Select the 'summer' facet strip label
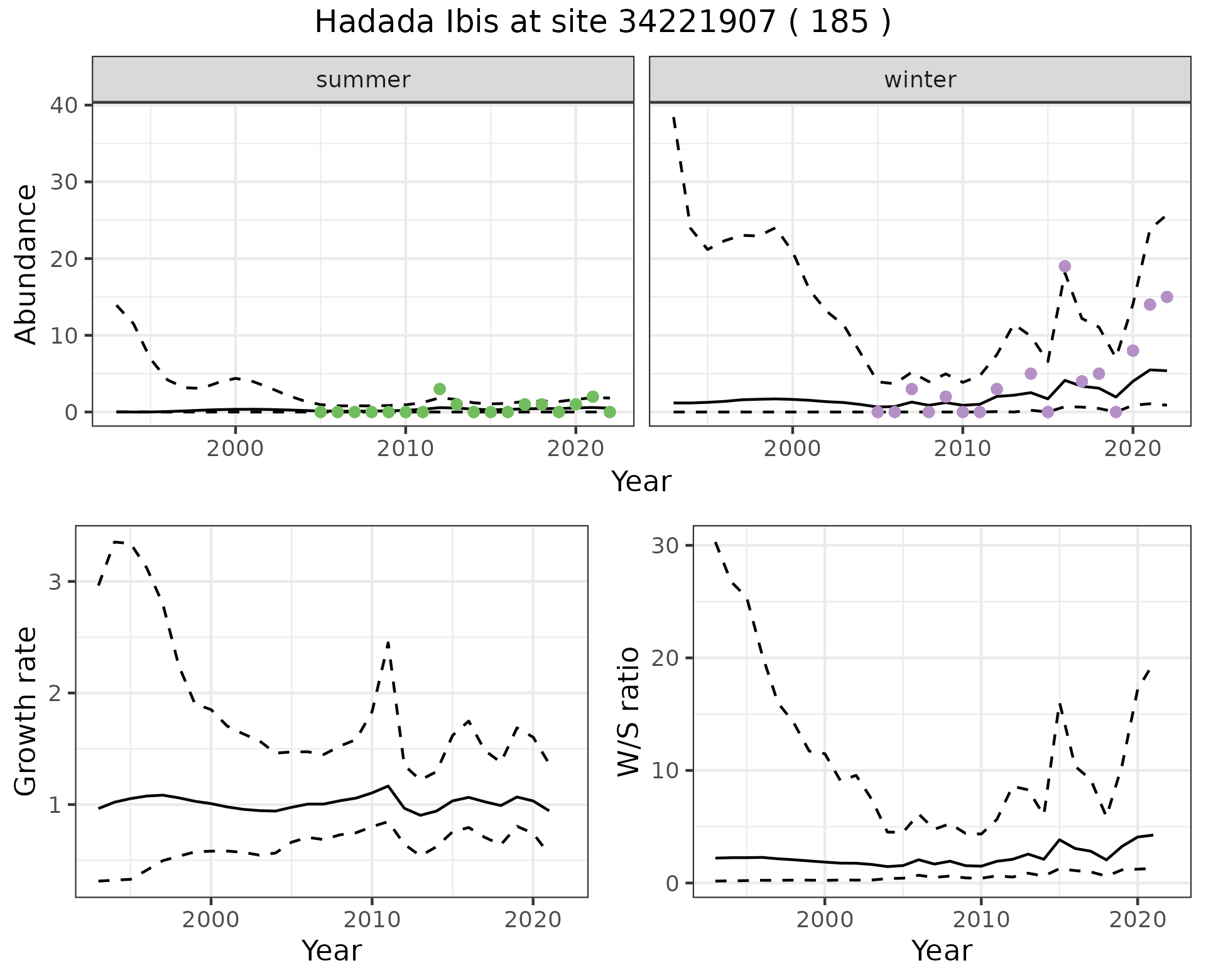tap(363, 80)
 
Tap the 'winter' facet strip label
tap(920, 80)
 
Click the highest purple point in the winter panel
tap(1065, 266)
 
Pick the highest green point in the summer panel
tap(440, 389)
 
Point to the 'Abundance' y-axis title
tap(26, 264)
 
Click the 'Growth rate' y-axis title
tap(26, 711)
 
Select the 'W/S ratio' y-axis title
tap(628, 711)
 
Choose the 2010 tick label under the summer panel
tap(405, 449)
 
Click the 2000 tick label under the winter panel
tap(792, 449)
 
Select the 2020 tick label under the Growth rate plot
tap(533, 920)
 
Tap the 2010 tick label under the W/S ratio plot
tap(981, 920)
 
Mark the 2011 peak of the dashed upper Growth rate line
tap(388, 642)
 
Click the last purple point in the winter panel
tap(1166, 297)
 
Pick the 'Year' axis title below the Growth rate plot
tap(332, 951)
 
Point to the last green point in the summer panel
tap(609, 412)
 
